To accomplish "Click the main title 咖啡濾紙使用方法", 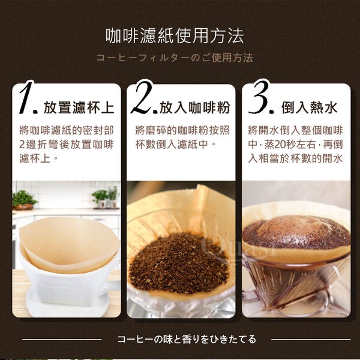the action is point(175,36).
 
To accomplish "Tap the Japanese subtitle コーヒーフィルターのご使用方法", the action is point(175,58).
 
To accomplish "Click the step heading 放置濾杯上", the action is point(79,107).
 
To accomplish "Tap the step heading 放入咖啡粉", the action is point(194,107).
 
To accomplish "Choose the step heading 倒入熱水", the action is point(309,107).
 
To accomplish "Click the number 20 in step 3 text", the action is point(280,145).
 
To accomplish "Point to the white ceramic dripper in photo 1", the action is point(67,283).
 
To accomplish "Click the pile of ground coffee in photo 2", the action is point(179,263).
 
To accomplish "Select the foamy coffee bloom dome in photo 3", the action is point(296,232).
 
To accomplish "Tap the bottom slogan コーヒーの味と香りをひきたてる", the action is point(187,339).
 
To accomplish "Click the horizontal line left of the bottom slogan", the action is point(62,340).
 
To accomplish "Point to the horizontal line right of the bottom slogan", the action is point(311,340).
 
